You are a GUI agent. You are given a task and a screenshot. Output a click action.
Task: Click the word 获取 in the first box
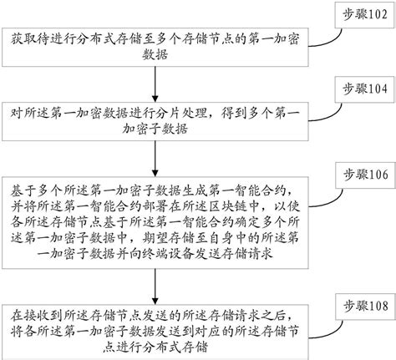pos(23,39)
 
